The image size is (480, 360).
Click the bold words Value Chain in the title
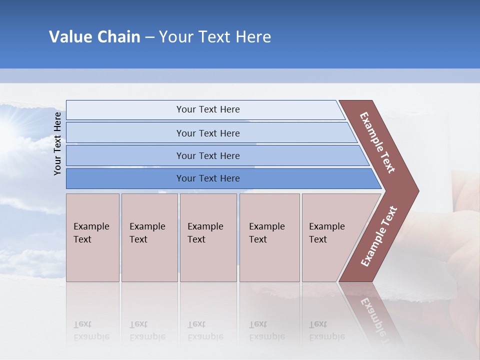pyautogui.click(x=94, y=37)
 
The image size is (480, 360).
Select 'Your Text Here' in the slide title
pyautogui.click(x=215, y=37)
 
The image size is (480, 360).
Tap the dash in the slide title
pyautogui.click(x=149, y=37)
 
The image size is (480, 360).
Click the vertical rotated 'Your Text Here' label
pyautogui.click(x=57, y=143)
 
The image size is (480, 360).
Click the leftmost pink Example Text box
pyautogui.click(x=92, y=237)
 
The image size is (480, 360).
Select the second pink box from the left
pyautogui.click(x=149, y=237)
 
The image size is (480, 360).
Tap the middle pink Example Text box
pyautogui.click(x=207, y=237)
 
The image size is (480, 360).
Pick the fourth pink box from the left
pyautogui.click(x=269, y=237)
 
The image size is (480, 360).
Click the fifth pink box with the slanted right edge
pyautogui.click(x=330, y=237)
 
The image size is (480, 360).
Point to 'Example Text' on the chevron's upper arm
pyautogui.click(x=377, y=142)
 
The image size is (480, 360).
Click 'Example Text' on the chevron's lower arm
pyautogui.click(x=379, y=236)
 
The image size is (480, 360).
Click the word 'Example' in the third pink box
pyautogui.click(x=205, y=226)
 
